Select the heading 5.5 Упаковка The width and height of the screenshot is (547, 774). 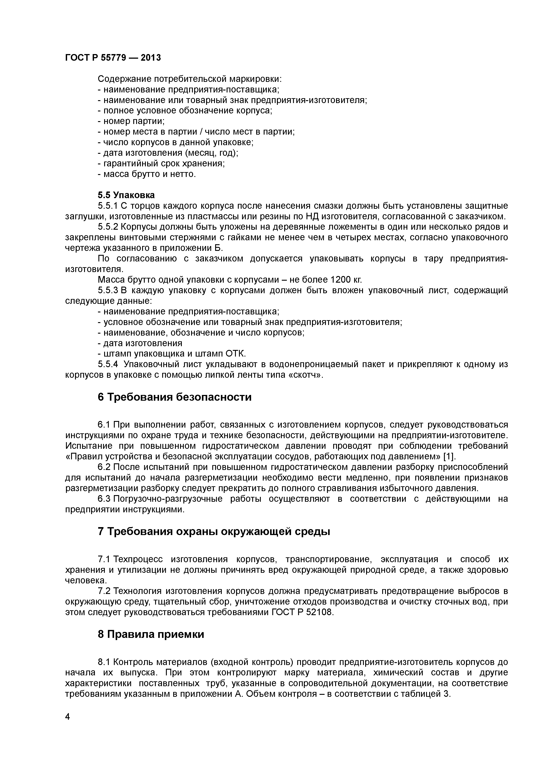[126, 195]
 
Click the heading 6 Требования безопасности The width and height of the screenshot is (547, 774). [175, 397]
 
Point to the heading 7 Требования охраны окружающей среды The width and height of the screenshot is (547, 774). [214, 532]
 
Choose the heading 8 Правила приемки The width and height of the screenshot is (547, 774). [151, 634]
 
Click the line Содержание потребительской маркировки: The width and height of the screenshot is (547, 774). [189, 79]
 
